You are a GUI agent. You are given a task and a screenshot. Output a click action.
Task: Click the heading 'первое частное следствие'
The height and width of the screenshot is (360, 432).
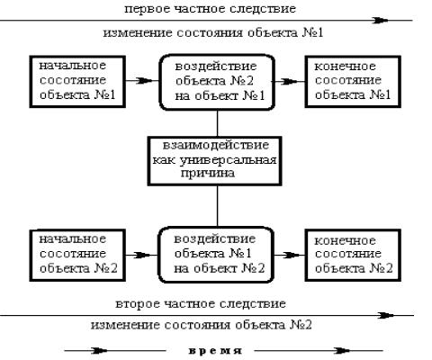(x=210, y=9)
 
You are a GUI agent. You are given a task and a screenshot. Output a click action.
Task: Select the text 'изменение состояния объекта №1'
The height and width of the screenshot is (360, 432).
(x=213, y=32)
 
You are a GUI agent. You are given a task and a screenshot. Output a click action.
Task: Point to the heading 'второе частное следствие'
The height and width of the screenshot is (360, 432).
(x=201, y=304)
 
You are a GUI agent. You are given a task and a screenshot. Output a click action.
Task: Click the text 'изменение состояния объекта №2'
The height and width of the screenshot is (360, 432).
(x=202, y=325)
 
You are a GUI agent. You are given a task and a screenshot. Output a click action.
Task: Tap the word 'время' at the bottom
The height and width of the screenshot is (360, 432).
(x=215, y=351)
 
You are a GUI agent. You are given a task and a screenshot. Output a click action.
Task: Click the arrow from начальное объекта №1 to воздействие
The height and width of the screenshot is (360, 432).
(x=142, y=81)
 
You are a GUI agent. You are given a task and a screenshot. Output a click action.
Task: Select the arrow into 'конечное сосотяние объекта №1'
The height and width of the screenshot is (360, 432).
(x=289, y=81)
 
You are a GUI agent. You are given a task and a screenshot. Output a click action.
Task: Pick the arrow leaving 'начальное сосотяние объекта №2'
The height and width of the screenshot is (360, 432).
(x=142, y=256)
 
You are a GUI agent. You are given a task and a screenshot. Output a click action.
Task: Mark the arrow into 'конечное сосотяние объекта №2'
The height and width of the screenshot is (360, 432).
(x=290, y=256)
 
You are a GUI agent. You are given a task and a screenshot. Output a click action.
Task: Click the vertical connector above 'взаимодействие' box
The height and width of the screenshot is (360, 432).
(x=217, y=123)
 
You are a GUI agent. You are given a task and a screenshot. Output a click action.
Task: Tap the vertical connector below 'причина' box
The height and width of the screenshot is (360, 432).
(x=217, y=206)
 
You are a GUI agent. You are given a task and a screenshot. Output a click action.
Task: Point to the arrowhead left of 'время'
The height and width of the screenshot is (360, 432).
(x=99, y=350)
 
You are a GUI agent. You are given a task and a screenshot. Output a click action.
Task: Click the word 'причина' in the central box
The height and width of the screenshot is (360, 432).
(x=208, y=174)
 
